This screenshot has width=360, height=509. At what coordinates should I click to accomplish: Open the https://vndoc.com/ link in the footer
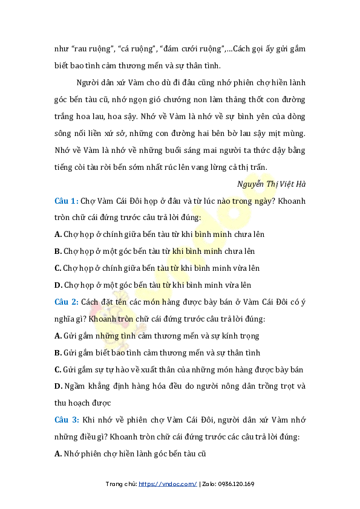168,484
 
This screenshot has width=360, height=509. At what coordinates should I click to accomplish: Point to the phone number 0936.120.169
238,484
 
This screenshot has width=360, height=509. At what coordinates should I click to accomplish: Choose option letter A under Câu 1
57,234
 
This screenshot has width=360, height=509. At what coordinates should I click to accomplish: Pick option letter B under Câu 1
57,251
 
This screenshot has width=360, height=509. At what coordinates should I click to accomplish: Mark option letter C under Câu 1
57,268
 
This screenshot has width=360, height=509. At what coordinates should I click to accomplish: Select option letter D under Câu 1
57,285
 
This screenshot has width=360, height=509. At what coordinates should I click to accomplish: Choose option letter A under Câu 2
57,336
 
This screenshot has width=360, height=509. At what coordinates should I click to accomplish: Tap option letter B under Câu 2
57,352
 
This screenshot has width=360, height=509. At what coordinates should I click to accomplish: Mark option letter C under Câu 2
57,369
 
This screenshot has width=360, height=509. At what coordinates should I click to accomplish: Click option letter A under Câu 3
57,453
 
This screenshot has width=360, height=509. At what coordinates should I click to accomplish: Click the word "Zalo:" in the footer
209,484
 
